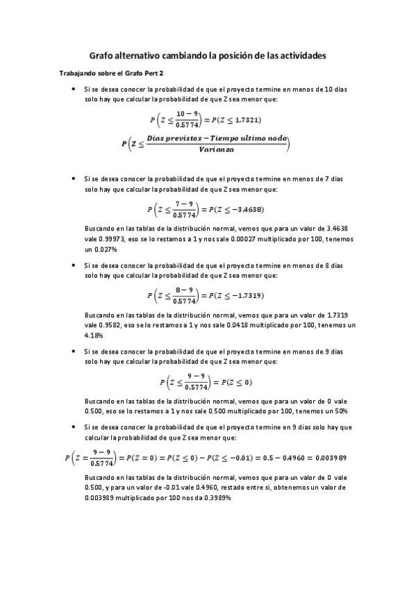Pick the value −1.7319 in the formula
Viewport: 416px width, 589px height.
(x=245, y=296)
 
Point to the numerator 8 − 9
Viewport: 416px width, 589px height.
(x=184, y=290)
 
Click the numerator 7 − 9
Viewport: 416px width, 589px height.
(x=184, y=203)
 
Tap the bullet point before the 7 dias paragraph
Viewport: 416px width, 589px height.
(x=74, y=179)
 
